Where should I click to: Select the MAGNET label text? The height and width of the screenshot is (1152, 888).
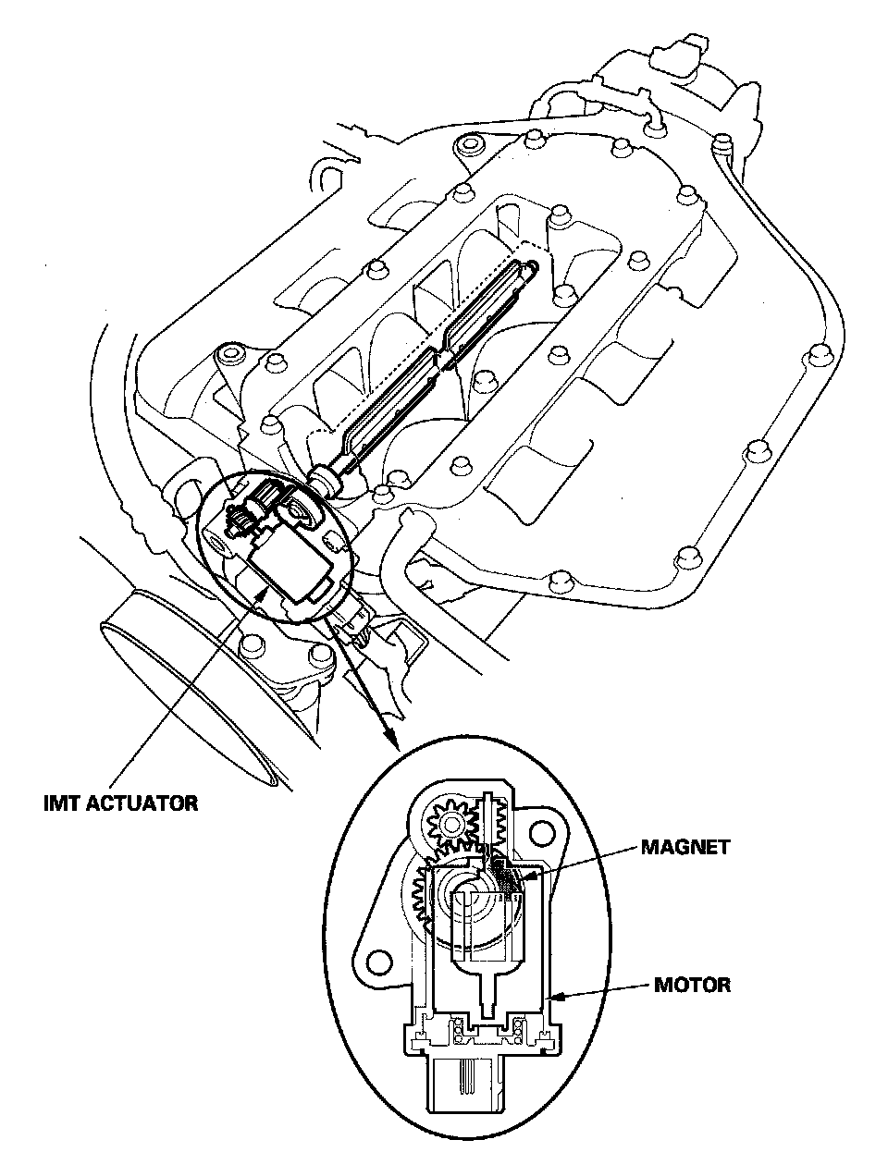pyautogui.click(x=684, y=846)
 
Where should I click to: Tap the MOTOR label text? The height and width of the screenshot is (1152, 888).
pyautogui.click(x=692, y=985)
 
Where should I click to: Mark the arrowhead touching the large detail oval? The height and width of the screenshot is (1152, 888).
pyautogui.click(x=393, y=739)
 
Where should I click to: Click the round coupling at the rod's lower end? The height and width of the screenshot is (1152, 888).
pyautogui.click(x=324, y=479)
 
